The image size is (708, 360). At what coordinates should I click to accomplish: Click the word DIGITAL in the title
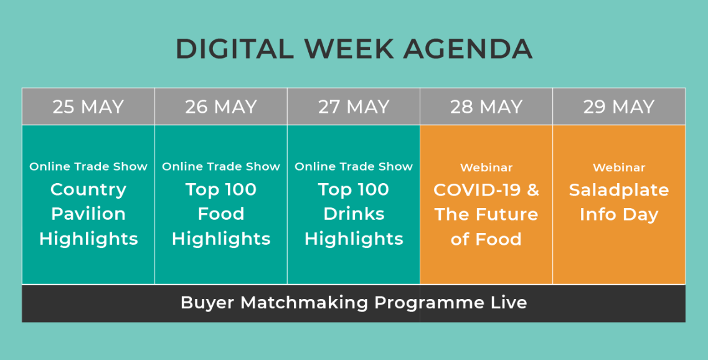tap(234, 49)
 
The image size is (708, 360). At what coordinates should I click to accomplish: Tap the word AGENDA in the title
tap(468, 49)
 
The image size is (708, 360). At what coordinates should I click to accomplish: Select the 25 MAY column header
tap(88, 107)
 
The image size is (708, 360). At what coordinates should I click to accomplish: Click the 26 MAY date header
tap(221, 107)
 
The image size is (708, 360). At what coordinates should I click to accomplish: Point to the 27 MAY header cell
tap(354, 107)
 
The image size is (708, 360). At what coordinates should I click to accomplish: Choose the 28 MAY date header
tap(486, 107)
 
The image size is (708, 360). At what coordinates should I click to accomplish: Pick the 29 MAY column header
tap(619, 107)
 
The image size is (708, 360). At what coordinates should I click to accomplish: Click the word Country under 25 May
tap(88, 190)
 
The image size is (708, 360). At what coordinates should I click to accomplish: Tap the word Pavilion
tap(88, 214)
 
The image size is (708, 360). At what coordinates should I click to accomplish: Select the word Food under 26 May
tap(221, 214)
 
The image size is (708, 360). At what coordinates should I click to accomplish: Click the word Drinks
tap(354, 214)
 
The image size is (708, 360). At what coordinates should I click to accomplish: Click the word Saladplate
tap(619, 190)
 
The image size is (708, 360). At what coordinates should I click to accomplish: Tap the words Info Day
tap(619, 215)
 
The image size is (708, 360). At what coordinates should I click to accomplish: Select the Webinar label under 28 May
tap(486, 168)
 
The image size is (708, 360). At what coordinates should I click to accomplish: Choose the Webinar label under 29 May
tap(619, 168)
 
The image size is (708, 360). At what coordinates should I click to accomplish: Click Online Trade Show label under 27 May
tap(354, 167)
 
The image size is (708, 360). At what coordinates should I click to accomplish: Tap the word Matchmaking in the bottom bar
tap(304, 302)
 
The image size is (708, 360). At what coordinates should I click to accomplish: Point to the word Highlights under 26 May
tap(221, 239)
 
